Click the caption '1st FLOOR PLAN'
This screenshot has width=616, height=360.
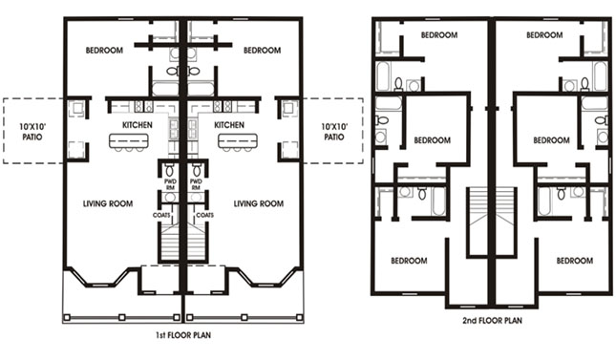[x=183, y=335]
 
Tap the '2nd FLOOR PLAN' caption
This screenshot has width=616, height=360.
[x=492, y=320]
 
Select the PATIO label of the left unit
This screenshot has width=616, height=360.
[x=32, y=138]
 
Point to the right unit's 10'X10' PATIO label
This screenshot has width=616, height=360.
[x=334, y=132]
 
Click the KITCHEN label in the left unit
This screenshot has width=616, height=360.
[x=138, y=125]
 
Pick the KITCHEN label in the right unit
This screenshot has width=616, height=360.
[x=229, y=125]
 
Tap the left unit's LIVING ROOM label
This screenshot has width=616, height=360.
[x=108, y=203]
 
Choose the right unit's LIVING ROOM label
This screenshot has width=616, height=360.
[x=259, y=203]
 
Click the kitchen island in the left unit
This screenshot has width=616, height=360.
[x=129, y=140]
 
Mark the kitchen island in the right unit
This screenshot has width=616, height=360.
[x=238, y=140]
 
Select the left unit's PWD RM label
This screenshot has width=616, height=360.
[x=171, y=184]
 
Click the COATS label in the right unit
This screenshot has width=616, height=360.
[x=204, y=215]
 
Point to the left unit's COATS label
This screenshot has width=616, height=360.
[x=161, y=215]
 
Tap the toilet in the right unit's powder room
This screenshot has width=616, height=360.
[x=197, y=170]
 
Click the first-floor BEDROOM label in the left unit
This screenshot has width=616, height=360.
[x=104, y=51]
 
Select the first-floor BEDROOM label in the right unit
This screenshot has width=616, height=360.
[x=262, y=51]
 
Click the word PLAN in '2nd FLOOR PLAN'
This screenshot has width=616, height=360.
[x=512, y=320]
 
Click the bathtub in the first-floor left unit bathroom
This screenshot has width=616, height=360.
[x=165, y=89]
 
